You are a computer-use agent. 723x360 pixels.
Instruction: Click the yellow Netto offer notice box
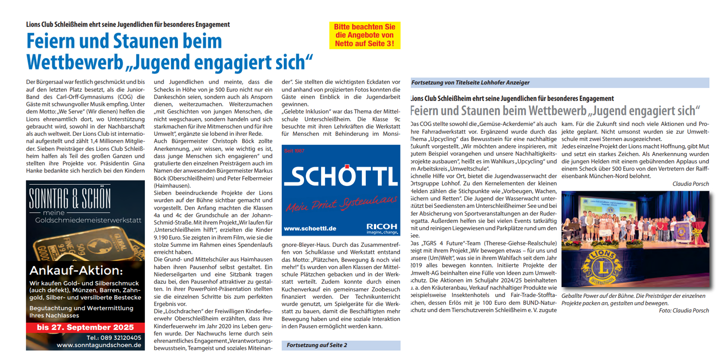(365, 35)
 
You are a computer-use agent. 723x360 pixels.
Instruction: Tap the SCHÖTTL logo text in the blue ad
(341, 176)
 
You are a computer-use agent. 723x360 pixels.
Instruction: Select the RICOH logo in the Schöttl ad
(382, 227)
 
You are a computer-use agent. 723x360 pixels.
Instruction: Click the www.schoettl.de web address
(310, 228)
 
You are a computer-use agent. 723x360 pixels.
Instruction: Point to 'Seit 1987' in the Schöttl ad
(294, 151)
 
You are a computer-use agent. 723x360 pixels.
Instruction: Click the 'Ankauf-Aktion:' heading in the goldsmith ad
(76, 270)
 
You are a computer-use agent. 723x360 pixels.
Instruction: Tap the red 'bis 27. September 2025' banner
(85, 327)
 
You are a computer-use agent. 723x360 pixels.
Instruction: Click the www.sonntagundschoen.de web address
(99, 345)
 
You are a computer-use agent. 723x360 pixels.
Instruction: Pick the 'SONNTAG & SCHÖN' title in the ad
(70, 198)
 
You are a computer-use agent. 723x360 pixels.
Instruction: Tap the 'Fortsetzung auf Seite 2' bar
(317, 345)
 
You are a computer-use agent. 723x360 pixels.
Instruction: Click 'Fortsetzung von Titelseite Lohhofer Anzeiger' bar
(470, 82)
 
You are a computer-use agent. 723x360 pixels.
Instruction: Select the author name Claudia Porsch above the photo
(690, 184)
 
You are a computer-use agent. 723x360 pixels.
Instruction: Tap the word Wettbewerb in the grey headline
(557, 111)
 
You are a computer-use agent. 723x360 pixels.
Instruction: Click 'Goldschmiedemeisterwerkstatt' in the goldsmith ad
(88, 220)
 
